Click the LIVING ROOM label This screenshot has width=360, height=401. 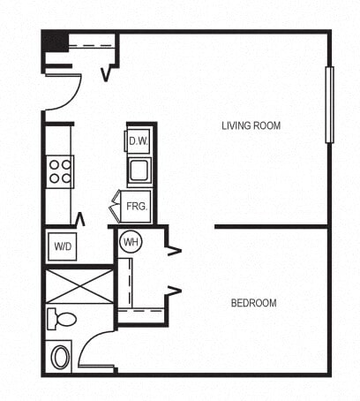[251, 125]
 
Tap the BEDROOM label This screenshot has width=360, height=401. [253, 303]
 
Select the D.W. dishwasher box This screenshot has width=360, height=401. [139, 140]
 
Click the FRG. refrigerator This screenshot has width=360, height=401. [136, 206]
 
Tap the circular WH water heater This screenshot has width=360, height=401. [131, 241]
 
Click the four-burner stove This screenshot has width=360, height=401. [60, 170]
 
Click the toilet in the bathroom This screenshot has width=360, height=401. [62, 318]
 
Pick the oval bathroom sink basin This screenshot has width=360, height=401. [61, 357]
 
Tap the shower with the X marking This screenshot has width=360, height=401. [79, 286]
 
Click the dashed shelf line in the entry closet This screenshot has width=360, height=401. [91, 46]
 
